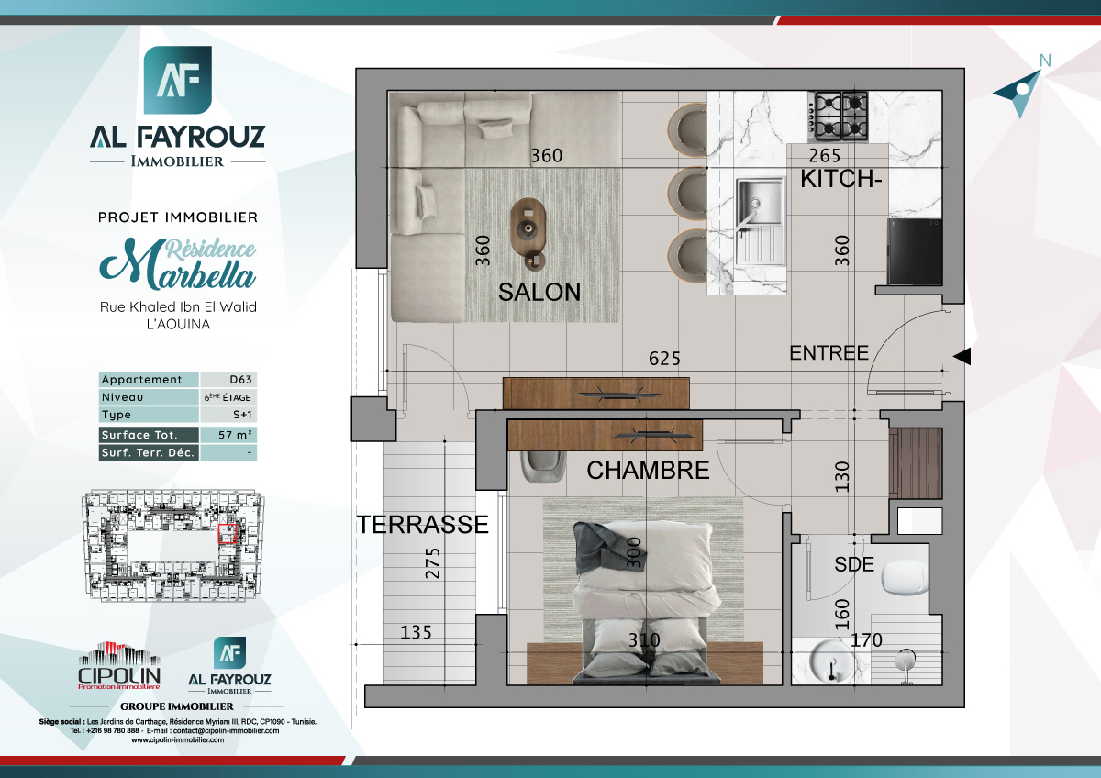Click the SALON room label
tap(539, 292)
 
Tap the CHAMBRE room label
tap(648, 471)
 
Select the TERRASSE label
tap(422, 525)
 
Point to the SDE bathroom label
tap(854, 565)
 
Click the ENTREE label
tap(829, 353)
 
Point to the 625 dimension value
tap(664, 358)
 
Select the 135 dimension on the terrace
tap(417, 632)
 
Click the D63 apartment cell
tap(228, 380)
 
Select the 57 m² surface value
tap(228, 435)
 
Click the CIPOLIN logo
tap(119, 666)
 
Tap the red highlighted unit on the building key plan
tap(227, 532)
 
